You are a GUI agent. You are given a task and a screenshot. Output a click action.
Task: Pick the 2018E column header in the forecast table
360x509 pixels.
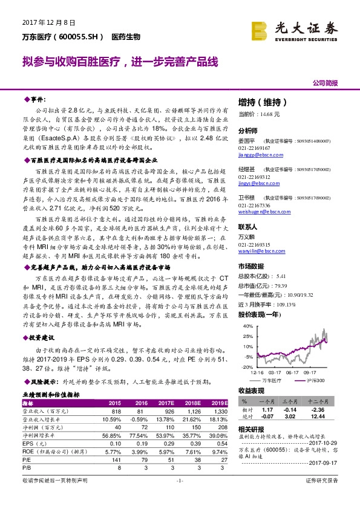click(193, 403)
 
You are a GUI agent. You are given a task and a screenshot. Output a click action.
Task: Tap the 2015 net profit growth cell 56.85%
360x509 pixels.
click(112, 434)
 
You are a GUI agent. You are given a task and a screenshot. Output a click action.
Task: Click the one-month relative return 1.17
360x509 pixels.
click(268, 409)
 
